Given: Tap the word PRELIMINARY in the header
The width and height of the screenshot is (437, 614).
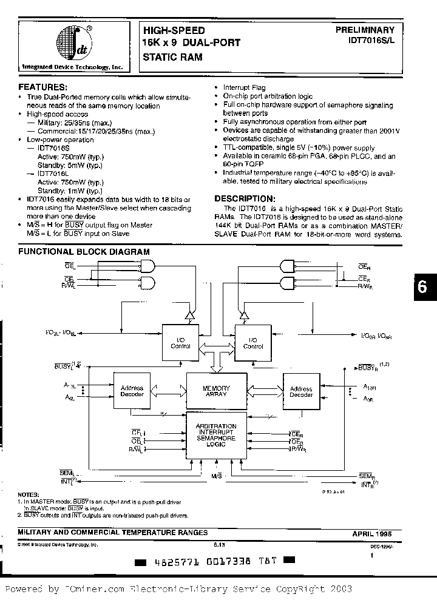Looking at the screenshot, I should (365, 30).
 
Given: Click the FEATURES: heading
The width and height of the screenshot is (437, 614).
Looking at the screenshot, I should (42, 87).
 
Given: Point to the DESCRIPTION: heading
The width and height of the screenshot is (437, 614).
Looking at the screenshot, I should (245, 198).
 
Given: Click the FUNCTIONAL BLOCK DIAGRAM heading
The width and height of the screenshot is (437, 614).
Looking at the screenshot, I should (84, 251).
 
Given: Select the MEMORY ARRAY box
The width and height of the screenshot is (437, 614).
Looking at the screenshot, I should (216, 391).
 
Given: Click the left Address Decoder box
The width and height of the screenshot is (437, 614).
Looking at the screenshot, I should (132, 391).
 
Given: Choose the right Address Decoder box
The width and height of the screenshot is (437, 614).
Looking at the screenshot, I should (301, 391).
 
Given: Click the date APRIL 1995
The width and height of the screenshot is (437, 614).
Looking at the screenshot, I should (373, 533).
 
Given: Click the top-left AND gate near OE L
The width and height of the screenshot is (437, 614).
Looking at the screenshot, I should (146, 265).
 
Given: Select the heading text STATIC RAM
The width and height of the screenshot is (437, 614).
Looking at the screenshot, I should (172, 57).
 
